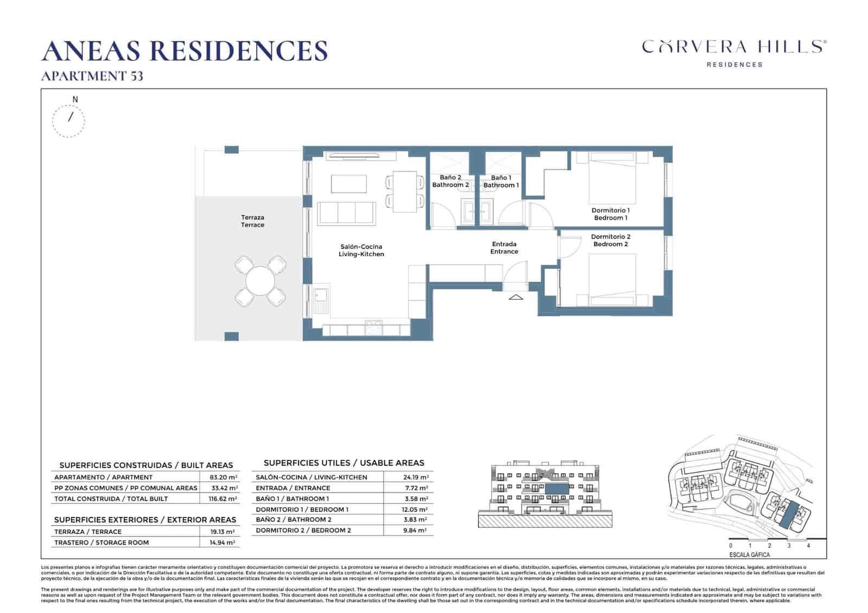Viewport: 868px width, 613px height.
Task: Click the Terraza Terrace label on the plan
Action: pyautogui.click(x=252, y=221)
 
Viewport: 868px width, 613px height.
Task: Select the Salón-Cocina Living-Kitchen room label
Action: pyautogui.click(x=361, y=251)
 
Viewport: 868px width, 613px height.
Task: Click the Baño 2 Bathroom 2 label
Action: pyautogui.click(x=450, y=181)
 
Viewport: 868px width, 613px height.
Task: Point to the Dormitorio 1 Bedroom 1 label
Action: pyautogui.click(x=610, y=214)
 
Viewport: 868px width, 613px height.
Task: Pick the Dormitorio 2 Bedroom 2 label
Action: pyautogui.click(x=610, y=240)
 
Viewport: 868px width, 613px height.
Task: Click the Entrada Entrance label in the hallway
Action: pyautogui.click(x=504, y=248)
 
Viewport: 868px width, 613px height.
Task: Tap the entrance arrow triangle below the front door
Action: pyautogui.click(x=515, y=297)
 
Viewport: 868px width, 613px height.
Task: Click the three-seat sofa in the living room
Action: pyautogui.click(x=346, y=213)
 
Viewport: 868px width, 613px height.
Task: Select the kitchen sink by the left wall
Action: pyautogui.click(x=320, y=295)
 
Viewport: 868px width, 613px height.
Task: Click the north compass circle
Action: pyautogui.click(x=69, y=120)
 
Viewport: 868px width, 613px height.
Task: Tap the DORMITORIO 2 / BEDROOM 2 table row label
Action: pyautogui.click(x=303, y=531)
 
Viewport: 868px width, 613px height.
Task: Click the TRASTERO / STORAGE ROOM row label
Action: pyautogui.click(x=101, y=542)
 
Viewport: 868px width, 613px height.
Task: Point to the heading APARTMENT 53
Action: pyautogui.click(x=92, y=76)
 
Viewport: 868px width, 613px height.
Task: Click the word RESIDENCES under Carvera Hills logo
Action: pyautogui.click(x=734, y=65)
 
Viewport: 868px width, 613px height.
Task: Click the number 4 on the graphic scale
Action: pyautogui.click(x=808, y=546)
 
